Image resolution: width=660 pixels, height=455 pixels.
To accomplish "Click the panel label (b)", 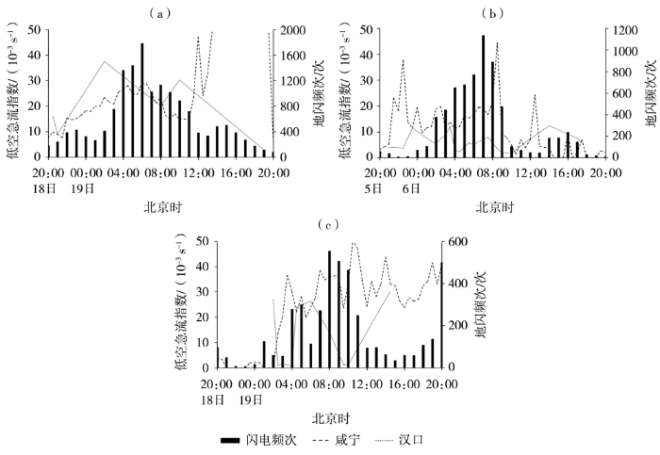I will tap(493, 13).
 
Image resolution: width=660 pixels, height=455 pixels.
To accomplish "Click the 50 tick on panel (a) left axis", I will tap(33, 30).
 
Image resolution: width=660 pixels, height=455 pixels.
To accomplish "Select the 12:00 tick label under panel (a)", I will tap(199, 172).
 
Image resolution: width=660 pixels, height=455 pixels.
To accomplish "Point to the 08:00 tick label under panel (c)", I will tap(328, 384).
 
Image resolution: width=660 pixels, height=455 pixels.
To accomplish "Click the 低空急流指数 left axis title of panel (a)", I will tap(12, 94).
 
